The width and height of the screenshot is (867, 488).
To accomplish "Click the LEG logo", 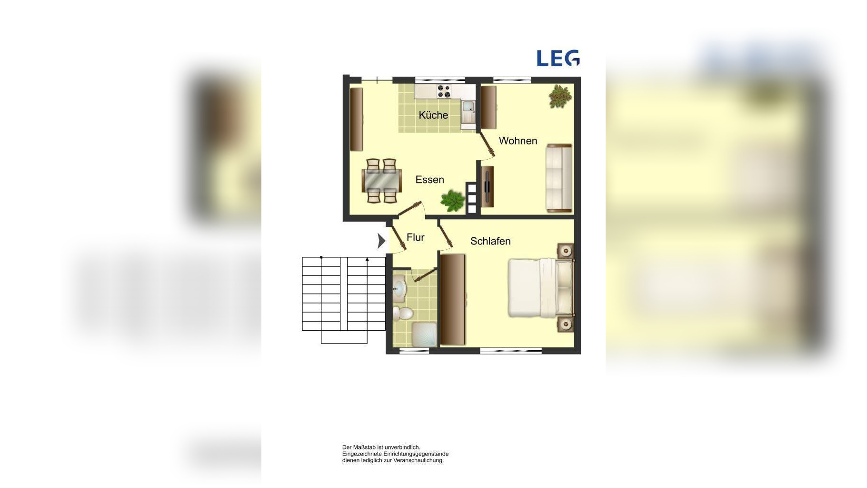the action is pos(558,58).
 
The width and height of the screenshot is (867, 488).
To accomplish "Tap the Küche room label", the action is pos(433,115).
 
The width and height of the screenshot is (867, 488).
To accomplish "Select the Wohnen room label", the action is pos(518,141).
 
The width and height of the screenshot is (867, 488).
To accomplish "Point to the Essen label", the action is pos(429,180).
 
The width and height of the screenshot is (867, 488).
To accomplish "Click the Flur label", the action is pos(415,237).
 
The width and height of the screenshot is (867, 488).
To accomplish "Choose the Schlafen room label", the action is pos(490,241).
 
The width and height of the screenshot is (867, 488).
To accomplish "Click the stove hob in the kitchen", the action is pos(444,91).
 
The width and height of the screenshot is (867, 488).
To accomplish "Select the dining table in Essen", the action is pos(382,181).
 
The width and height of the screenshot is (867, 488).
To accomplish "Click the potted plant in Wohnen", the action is pos(560,96).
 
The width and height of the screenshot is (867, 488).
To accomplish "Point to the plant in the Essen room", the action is pos(452,200).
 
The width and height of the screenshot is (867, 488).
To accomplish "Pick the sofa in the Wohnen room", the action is pos(559,178).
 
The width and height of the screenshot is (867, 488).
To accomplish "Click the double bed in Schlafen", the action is pos(541,287).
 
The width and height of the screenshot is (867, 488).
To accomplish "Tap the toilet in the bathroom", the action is pos(403,313).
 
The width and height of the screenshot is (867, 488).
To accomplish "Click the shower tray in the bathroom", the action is pos(424,335).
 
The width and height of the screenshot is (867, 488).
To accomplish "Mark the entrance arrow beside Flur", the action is pos(381,241).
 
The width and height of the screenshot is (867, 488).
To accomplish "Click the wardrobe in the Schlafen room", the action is pos(452,299).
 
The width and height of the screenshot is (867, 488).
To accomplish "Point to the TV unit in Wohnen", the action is pos(487,186).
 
